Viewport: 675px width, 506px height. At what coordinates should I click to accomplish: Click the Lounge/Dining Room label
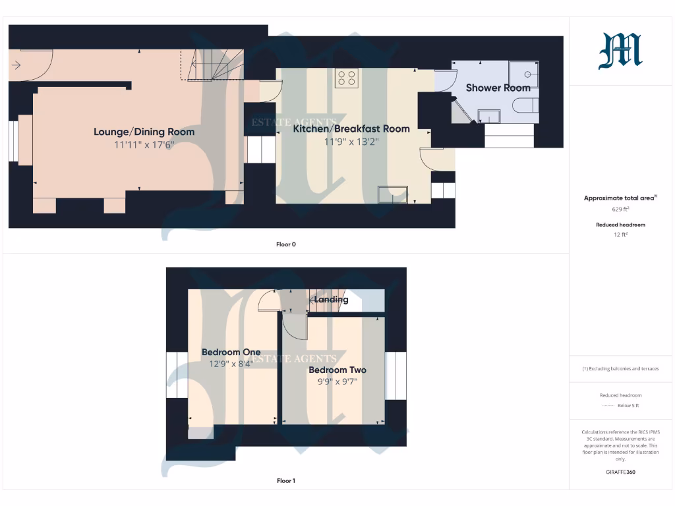click(x=144, y=132)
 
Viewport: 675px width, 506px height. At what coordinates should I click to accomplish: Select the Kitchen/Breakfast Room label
click(x=351, y=129)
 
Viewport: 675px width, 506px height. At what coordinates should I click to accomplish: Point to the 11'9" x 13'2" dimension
click(x=351, y=142)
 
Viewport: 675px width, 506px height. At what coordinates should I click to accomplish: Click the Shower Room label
click(x=498, y=88)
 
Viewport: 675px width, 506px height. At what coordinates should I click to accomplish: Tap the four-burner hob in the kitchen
click(x=347, y=78)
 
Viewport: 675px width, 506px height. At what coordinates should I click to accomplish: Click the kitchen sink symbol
click(x=392, y=195)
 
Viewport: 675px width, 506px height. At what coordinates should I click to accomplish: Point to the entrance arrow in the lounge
click(x=16, y=65)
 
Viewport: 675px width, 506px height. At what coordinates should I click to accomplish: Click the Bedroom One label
click(x=231, y=352)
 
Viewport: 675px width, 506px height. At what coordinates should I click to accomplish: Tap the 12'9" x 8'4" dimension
click(x=231, y=364)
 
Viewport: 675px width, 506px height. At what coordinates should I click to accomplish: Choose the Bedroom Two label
click(x=337, y=370)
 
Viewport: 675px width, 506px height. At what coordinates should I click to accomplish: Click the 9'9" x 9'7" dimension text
click(x=337, y=381)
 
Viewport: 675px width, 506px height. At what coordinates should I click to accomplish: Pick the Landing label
click(x=331, y=300)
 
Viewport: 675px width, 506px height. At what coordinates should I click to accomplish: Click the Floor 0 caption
click(x=285, y=244)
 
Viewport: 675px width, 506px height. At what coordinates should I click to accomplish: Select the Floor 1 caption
click(x=285, y=481)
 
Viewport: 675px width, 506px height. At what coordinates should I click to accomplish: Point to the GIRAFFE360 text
click(x=620, y=472)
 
